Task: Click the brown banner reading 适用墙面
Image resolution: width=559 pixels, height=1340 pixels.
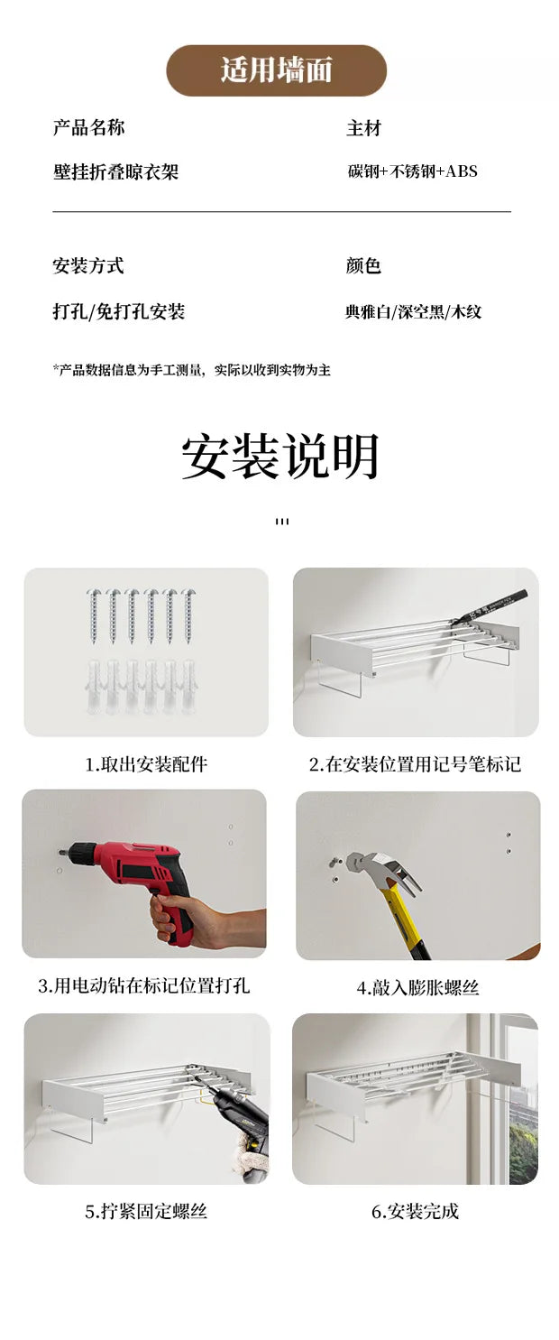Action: [x=277, y=70]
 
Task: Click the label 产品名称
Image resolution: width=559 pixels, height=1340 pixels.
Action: [x=88, y=127]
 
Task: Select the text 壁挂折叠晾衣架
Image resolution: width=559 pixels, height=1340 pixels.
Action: [x=116, y=172]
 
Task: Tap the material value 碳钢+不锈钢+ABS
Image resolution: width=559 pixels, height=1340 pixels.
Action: [x=413, y=171]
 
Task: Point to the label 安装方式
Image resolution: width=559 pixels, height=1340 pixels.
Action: [x=88, y=265]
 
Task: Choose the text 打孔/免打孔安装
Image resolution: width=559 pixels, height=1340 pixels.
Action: [x=119, y=311]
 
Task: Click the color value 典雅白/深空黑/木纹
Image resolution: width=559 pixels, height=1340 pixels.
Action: [x=413, y=311]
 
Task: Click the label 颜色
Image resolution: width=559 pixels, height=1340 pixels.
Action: [x=363, y=265]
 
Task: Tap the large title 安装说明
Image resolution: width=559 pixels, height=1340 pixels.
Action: [x=280, y=457]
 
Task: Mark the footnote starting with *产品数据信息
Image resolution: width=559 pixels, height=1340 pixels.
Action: [x=191, y=370]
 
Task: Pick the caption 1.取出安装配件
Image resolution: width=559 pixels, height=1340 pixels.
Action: [x=146, y=764]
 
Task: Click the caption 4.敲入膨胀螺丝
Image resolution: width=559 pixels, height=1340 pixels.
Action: [x=418, y=988]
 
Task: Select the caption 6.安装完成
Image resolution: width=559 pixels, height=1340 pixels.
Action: [x=416, y=1211]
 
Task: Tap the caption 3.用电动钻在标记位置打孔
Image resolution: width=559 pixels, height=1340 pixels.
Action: [x=144, y=985]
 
